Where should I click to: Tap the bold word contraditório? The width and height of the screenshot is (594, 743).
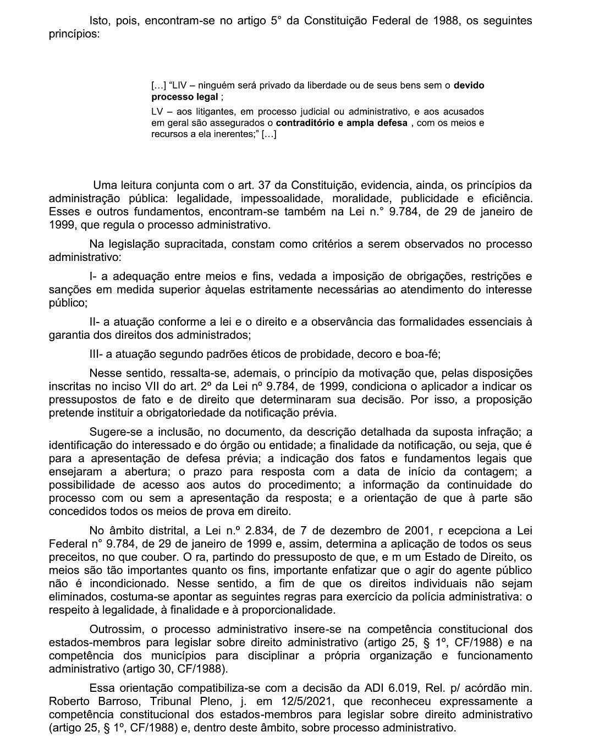pos(305,123)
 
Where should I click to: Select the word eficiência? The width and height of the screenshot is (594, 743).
pos(504,198)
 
